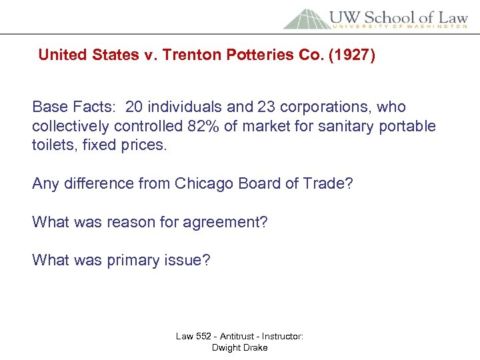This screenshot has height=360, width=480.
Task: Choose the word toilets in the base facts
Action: [x=53, y=145]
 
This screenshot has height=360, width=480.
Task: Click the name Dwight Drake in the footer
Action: [x=239, y=347]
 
